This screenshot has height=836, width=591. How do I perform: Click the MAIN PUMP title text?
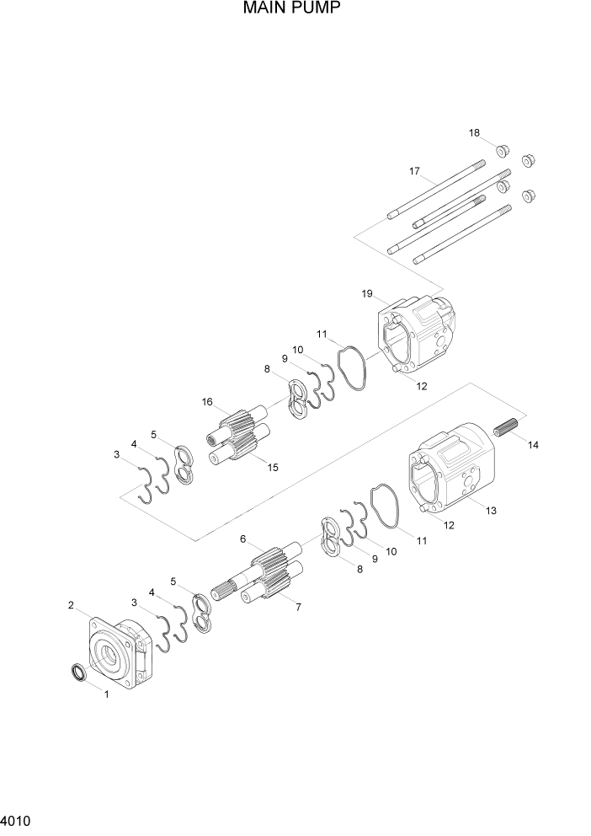tap(292, 10)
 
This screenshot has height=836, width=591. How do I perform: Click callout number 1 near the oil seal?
tap(106, 694)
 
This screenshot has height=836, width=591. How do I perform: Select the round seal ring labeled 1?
tap(77, 673)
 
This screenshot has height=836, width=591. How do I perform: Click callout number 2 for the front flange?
tap(72, 605)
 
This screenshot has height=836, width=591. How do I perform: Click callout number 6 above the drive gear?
tap(242, 539)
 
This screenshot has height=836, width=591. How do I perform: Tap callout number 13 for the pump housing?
tap(491, 510)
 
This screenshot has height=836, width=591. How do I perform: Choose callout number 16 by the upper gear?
tap(206, 402)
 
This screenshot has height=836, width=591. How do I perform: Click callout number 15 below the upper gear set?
tap(271, 467)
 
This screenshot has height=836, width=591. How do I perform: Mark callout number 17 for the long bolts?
tap(414, 171)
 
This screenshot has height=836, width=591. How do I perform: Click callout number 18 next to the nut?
tap(475, 133)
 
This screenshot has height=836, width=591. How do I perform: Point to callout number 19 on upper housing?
tap(367, 293)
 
